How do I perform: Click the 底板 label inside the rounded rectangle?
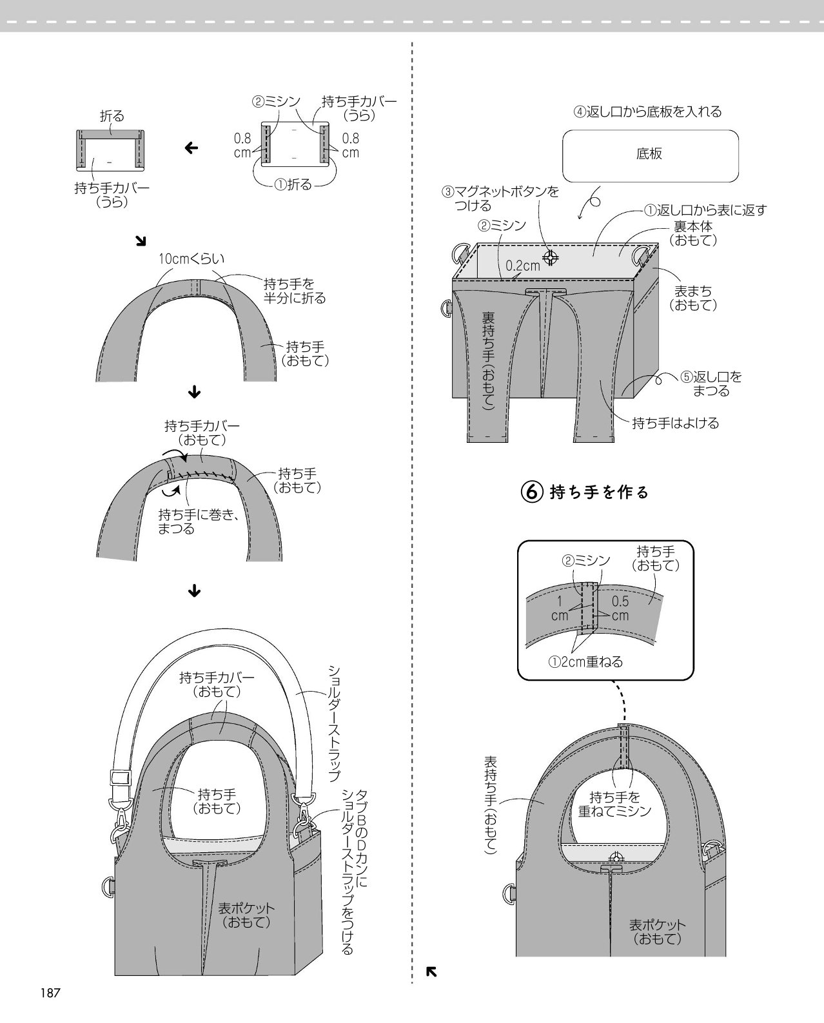[649, 153]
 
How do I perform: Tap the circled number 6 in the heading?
[532, 492]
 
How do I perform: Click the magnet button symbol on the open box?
[551, 258]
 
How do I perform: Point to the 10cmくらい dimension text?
[191, 258]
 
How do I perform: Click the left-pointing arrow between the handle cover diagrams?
[191, 148]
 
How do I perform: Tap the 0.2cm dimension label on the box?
[522, 266]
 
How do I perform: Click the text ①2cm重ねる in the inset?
[585, 662]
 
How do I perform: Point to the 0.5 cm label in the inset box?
[620, 609]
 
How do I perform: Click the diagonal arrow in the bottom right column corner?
[431, 972]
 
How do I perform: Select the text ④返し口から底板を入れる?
[647, 112]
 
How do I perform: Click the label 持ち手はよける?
[675, 423]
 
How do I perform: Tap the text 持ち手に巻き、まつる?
[199, 521]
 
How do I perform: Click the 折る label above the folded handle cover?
[112, 116]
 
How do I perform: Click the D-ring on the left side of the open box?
[447, 307]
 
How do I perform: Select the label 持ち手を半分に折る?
[295, 291]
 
